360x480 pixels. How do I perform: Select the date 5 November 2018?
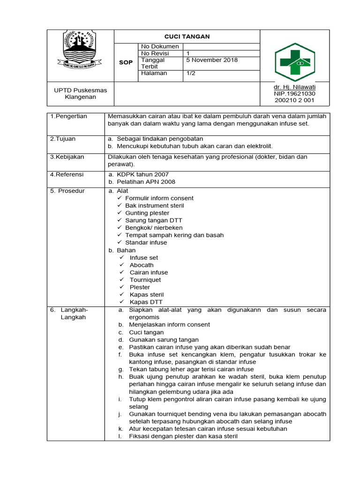tap(212, 60)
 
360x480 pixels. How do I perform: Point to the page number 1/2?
tap(191, 74)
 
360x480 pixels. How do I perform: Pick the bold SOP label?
tap(126, 63)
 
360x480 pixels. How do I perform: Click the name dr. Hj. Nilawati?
tap(294, 87)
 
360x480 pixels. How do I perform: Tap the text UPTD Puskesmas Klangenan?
tap(81, 93)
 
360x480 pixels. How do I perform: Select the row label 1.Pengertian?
tap(69, 116)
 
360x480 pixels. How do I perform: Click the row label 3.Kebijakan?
tap(67, 157)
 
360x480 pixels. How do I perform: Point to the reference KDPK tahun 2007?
tap(142, 174)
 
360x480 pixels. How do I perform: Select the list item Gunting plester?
tap(147, 213)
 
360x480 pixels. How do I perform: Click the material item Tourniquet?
tap(145, 280)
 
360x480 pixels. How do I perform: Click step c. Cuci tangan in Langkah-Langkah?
tap(146, 332)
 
